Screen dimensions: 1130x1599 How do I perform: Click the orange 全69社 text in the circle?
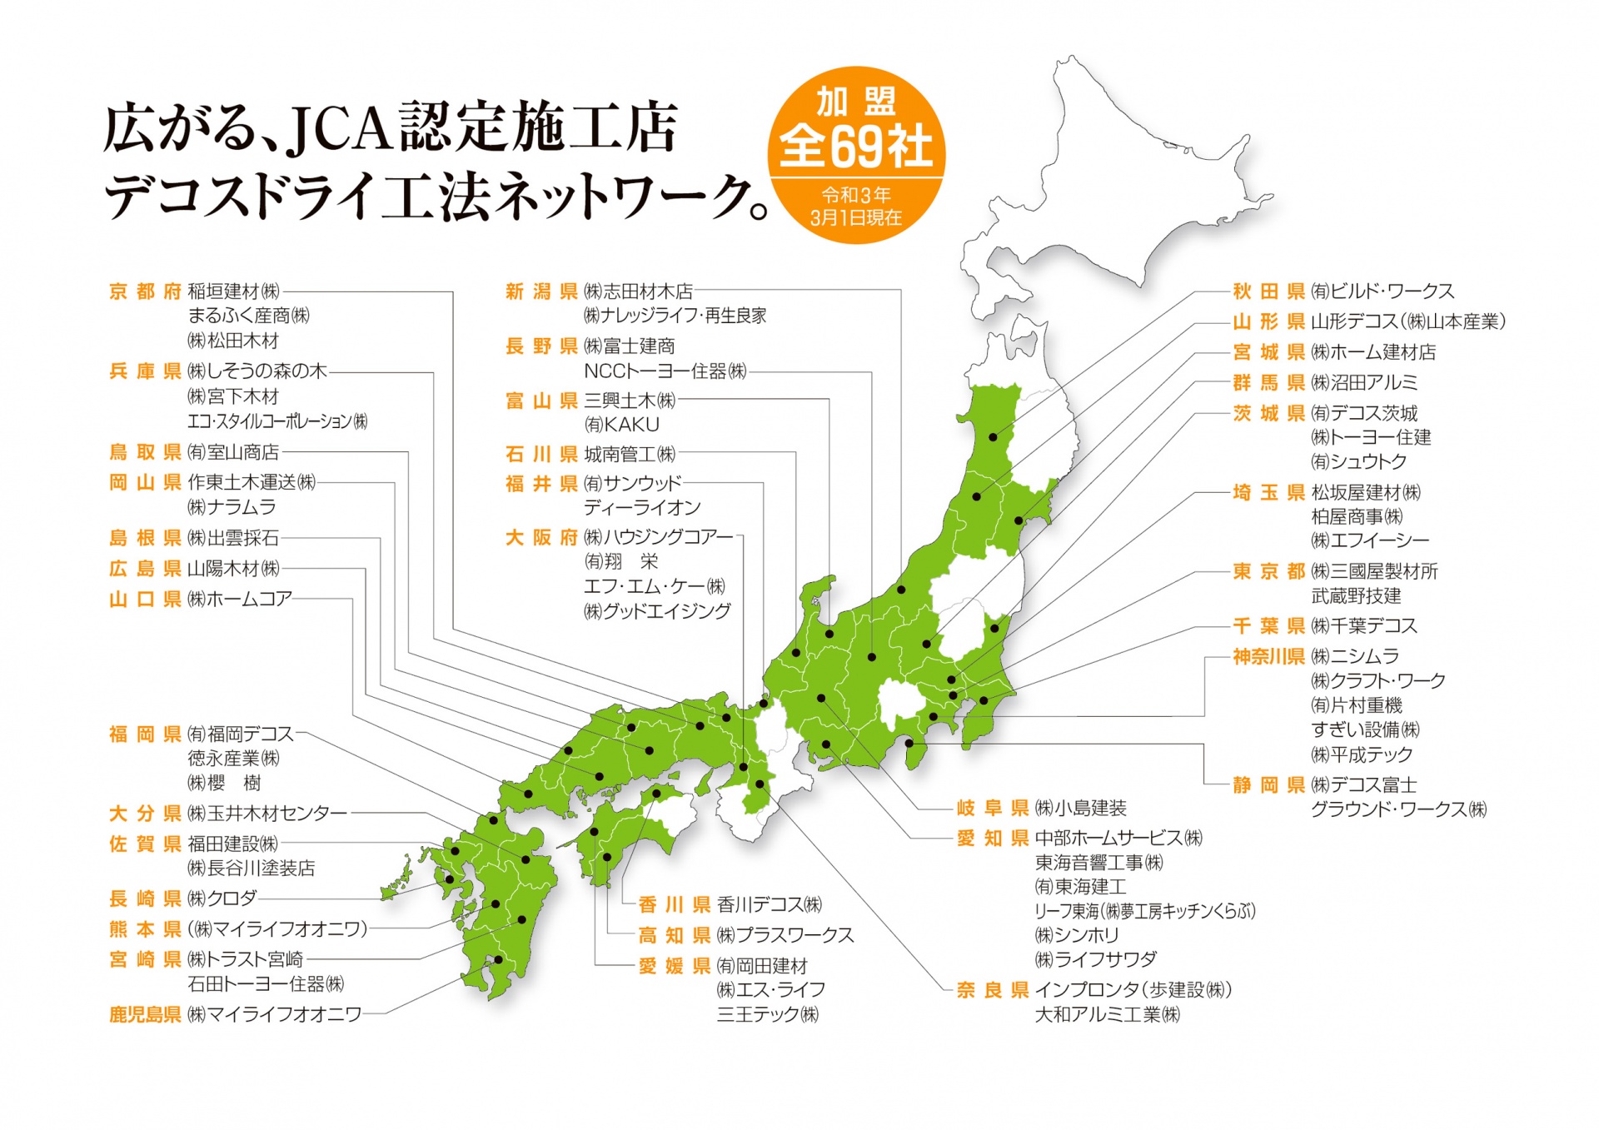[x=856, y=147]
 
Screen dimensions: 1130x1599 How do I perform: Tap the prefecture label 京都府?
[x=145, y=291]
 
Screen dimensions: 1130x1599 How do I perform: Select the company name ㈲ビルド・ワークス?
[x=1382, y=291]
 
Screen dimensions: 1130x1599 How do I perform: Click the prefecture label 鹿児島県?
[x=145, y=1014]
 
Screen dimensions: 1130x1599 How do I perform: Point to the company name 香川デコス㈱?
[x=770, y=904]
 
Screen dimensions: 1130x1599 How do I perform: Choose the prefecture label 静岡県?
[x=1268, y=785]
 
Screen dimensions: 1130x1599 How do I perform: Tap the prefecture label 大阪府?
[x=541, y=538]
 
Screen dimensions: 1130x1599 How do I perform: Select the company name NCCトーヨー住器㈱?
[x=665, y=371]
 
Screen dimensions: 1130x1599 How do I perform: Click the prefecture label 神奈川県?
[x=1268, y=657]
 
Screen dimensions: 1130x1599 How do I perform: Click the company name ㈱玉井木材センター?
[x=267, y=813]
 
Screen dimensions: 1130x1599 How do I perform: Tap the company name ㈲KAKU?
[x=621, y=425]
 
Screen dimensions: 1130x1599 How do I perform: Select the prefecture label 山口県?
[x=145, y=600]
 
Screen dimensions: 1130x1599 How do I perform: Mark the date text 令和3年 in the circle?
[x=856, y=195]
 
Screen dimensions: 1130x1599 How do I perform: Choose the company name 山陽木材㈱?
[x=233, y=569]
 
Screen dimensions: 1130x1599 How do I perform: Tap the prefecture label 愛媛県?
[x=674, y=966]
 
